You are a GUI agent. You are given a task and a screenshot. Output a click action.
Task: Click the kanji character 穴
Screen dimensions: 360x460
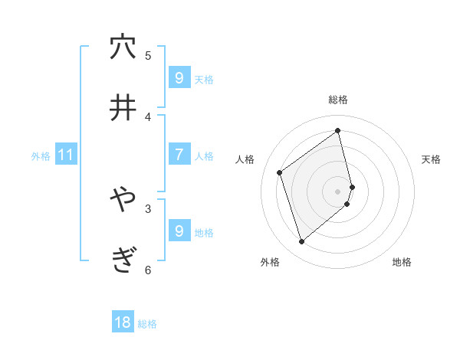(123, 47)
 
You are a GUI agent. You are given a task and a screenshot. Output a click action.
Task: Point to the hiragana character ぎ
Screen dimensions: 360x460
(123, 260)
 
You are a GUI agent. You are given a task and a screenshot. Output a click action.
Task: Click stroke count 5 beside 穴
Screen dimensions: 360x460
(148, 55)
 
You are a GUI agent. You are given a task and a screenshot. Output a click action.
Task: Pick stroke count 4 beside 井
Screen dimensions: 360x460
(148, 116)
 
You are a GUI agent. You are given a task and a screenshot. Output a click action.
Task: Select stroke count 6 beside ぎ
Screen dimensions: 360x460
(148, 270)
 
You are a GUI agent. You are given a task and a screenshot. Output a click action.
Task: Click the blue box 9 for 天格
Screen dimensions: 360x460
(179, 77)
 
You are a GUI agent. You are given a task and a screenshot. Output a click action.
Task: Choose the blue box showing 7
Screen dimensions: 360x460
(179, 154)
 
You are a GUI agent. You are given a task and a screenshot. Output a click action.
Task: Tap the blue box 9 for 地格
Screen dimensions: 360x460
(179, 231)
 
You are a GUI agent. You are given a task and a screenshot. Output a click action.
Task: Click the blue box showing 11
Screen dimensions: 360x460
(66, 155)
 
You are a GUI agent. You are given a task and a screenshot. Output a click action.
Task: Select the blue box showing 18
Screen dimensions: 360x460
(123, 322)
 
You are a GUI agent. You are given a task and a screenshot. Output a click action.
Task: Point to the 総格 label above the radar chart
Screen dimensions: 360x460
(338, 100)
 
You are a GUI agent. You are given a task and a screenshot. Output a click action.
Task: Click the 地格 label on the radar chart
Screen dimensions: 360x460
(402, 262)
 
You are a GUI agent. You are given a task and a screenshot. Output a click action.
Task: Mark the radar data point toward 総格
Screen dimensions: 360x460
(338, 130)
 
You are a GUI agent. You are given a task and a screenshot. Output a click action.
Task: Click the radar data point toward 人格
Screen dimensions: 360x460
(280, 172)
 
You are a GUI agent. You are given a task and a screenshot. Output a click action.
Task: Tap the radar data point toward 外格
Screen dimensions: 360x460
(301, 242)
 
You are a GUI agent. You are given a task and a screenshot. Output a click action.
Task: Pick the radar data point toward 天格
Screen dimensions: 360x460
(352, 186)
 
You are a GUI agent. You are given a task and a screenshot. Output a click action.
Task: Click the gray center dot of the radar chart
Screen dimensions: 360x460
(338, 191)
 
